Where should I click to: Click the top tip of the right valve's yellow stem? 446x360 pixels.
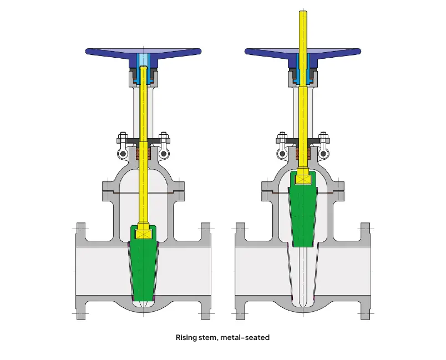point(303,11)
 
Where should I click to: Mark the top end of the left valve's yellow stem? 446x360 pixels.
point(144,66)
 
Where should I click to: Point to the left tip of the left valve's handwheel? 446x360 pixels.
point(86,52)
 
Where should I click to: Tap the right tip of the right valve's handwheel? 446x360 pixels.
point(361,52)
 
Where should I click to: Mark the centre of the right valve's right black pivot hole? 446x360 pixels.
point(323,154)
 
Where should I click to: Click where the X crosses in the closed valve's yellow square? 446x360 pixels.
point(144,234)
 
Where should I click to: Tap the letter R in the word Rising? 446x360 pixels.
point(178,338)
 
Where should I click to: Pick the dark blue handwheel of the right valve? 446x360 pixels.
point(303,58)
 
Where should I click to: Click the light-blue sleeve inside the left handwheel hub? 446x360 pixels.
point(144,60)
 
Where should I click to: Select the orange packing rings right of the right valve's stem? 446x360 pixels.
point(309,154)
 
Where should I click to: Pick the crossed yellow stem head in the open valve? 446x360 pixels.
point(303,179)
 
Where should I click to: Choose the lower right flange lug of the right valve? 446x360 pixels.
point(366,308)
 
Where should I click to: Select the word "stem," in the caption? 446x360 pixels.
point(209,338)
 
